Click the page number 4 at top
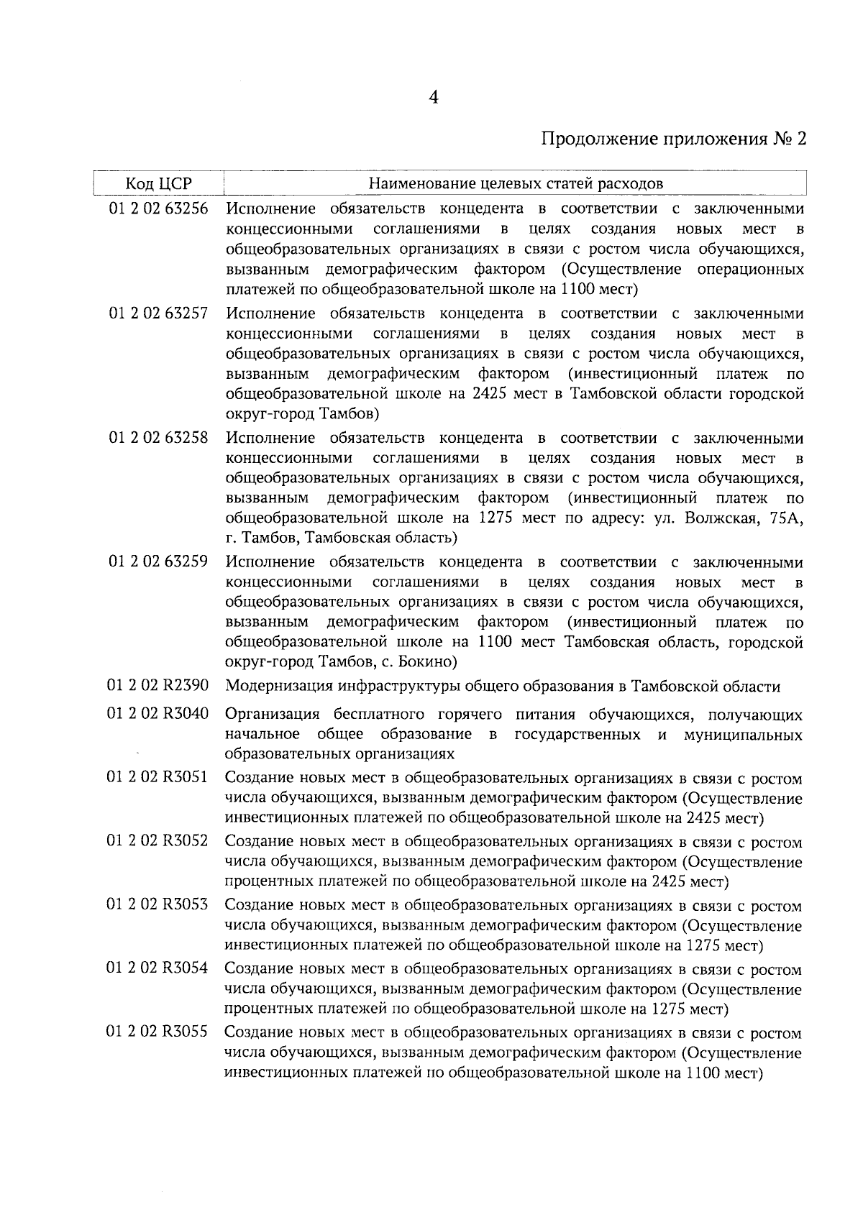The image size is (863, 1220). [433, 98]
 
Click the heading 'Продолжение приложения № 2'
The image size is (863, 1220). [673, 139]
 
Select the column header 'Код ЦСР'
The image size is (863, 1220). [159, 183]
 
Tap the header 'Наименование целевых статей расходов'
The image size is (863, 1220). [515, 183]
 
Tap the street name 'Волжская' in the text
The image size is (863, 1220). [718, 518]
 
